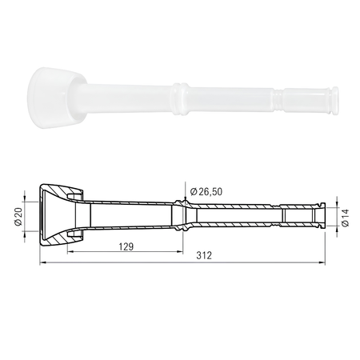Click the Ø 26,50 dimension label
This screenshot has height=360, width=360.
pos(206,191)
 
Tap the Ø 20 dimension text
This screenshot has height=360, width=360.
pos(18,216)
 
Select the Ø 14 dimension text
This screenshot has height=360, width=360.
pos(345,218)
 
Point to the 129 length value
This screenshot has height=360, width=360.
pos(126,246)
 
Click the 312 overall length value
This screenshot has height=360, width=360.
pos(204,255)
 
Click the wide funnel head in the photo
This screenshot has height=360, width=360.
pos(54,98)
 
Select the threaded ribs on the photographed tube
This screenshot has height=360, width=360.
pos(278,100)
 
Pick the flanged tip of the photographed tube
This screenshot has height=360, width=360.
pos(334,101)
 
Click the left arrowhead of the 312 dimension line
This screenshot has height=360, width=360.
pos(42,263)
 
